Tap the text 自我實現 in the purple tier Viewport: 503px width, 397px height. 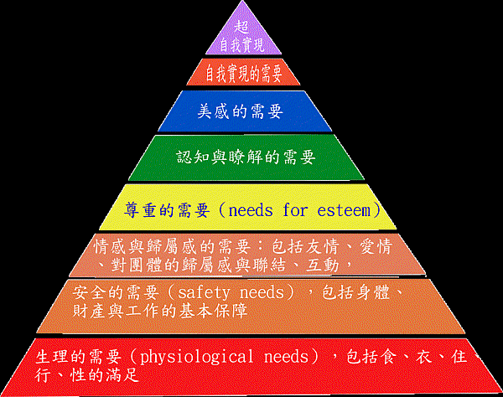tap(242, 44)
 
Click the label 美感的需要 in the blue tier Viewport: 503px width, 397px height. tap(241, 110)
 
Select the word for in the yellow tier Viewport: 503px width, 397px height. tap(295, 209)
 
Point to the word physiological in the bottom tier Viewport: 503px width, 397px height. tap(195, 357)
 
